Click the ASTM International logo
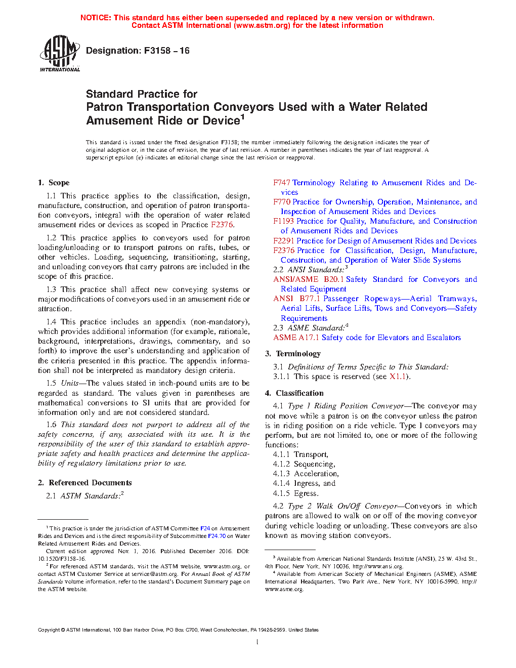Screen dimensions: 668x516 pos(60,53)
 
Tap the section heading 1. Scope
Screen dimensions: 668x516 pos(54,183)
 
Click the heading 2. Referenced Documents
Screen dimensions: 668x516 pos(85,483)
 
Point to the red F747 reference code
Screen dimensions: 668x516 pos(282,183)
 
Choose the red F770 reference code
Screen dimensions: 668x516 pos(282,202)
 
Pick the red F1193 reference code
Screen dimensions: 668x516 pos(284,221)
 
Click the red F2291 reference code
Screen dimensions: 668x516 pos(284,241)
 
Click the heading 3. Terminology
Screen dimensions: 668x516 pos(293,354)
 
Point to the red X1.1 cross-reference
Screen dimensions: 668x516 pos(398,377)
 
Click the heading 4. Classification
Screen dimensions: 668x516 pos(294,393)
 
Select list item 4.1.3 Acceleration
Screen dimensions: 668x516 pos(306,474)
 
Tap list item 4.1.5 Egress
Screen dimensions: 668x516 pos(296,493)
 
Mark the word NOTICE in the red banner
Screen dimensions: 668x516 pos(96,18)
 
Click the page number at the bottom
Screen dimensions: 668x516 pos(257,642)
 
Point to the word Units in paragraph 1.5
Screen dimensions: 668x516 pos(70,383)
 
